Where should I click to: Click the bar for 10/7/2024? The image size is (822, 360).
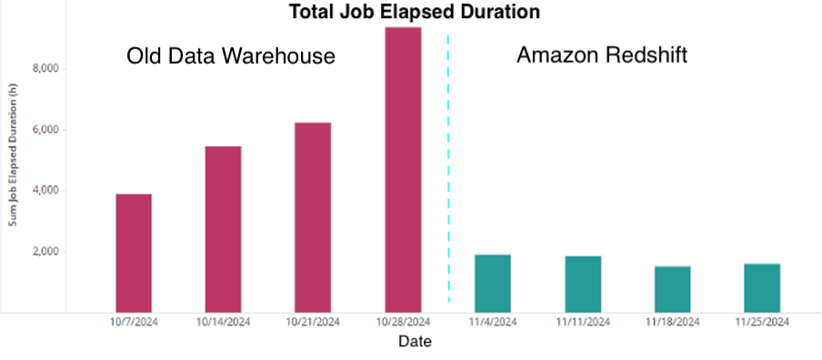tap(134, 253)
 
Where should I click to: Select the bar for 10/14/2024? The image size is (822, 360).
tap(223, 229)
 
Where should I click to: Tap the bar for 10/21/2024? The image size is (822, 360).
tap(312, 217)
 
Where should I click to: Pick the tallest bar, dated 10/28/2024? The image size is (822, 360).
tap(403, 170)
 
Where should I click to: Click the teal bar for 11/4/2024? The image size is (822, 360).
tap(492, 284)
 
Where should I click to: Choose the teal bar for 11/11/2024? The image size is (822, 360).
tap(582, 285)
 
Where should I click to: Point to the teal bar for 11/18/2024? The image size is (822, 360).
tap(672, 289)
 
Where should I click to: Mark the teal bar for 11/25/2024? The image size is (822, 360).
tap(762, 288)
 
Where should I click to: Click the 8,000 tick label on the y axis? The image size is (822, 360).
tap(45, 69)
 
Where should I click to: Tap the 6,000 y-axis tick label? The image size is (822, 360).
tap(45, 130)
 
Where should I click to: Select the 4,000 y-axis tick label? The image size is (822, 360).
tap(45, 191)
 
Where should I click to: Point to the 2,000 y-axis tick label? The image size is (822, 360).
tap(45, 252)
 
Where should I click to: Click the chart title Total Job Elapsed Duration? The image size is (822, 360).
tap(414, 12)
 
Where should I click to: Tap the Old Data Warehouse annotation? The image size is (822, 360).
tap(231, 56)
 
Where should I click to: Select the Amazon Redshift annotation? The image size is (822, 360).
tap(601, 55)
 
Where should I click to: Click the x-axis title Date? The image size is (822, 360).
tap(415, 343)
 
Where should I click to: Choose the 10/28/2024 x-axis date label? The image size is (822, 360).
tap(403, 322)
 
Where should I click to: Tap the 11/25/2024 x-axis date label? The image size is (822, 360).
tap(762, 322)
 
